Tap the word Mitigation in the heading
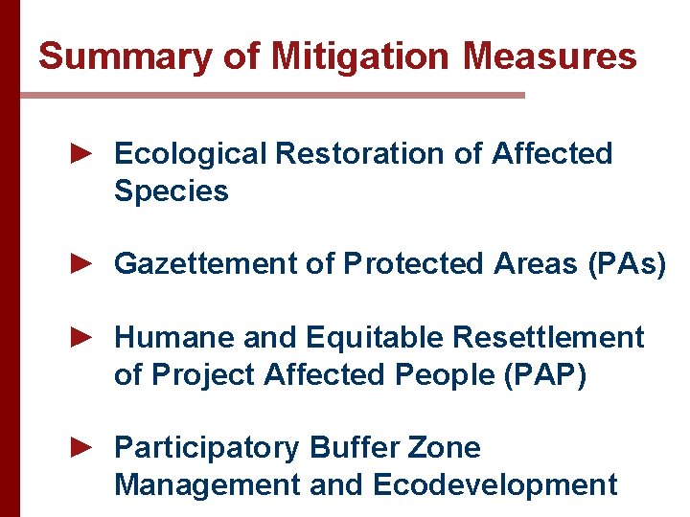pos(359,56)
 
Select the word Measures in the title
pos(550,56)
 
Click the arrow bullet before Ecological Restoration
pos(81,152)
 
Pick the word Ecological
pos(190,153)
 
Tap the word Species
pos(171,191)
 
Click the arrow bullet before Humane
pos(81,337)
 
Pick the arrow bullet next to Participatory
pos(81,447)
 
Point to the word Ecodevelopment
pos(494,485)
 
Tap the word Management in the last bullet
pos(207,485)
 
